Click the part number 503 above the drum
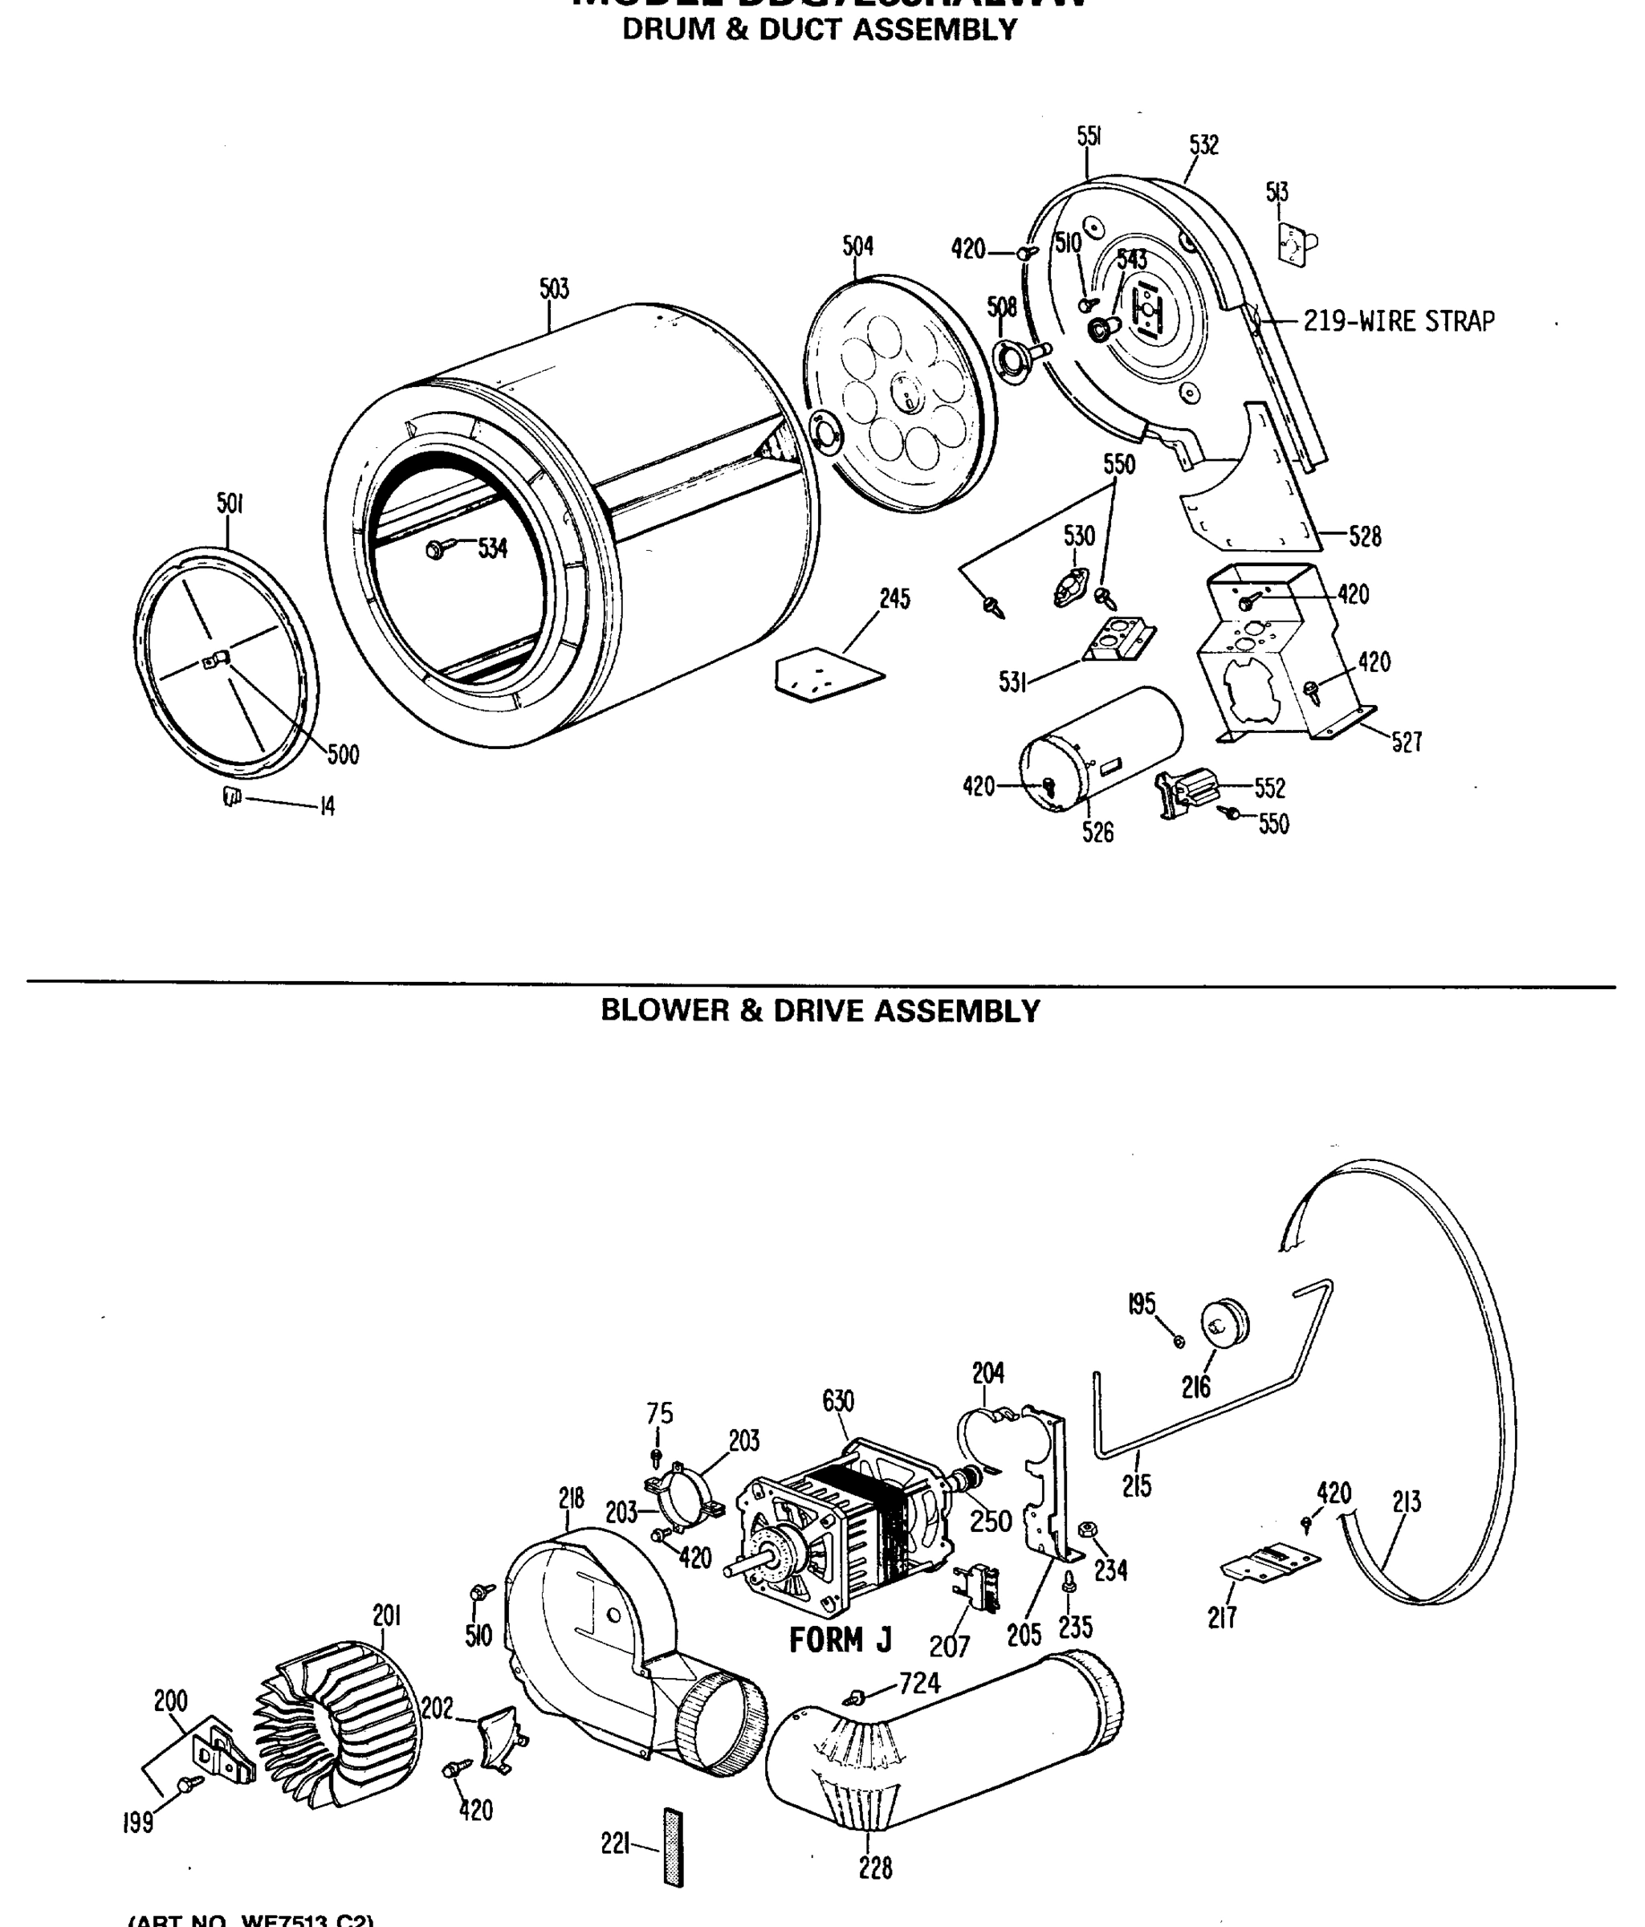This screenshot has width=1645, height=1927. (x=553, y=289)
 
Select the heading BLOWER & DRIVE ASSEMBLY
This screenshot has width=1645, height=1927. (x=820, y=1011)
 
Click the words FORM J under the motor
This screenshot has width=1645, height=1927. (x=840, y=1640)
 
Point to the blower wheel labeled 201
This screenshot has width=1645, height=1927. (x=336, y=1726)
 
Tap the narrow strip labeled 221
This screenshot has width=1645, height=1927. (x=674, y=1847)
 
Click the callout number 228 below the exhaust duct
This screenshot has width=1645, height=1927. (x=875, y=1868)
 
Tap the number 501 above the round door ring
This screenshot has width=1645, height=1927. (x=230, y=504)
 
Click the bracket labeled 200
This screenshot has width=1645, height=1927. (x=223, y=1754)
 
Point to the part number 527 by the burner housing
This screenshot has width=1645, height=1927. (x=1406, y=742)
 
